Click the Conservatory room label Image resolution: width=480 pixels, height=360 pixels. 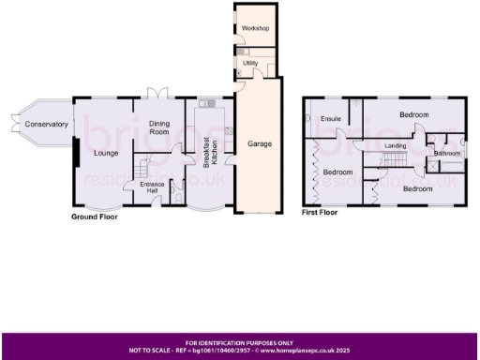(x=47, y=124)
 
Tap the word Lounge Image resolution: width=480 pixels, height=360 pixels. (x=105, y=153)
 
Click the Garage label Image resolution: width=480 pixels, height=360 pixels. (x=259, y=144)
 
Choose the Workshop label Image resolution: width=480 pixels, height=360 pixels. (x=255, y=29)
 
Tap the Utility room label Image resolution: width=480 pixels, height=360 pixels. (x=249, y=63)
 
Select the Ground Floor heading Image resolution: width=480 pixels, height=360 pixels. (x=97, y=217)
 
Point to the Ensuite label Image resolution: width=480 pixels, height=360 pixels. (x=330, y=119)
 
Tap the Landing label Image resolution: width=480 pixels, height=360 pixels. (x=395, y=146)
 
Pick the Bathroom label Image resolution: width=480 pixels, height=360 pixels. (x=446, y=153)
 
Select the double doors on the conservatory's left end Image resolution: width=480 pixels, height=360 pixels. (x=12, y=124)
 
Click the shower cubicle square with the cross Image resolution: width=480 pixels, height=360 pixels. (x=433, y=165)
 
